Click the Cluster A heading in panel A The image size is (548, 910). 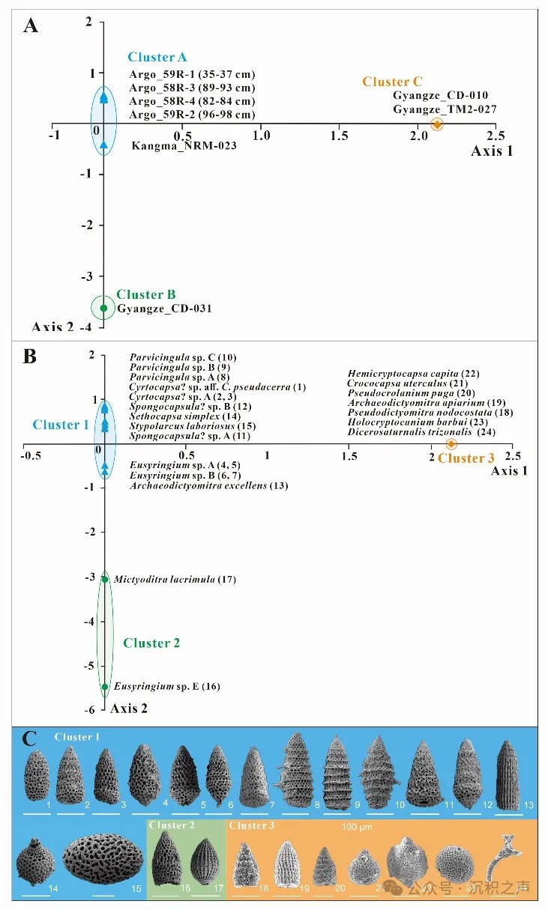(x=157, y=57)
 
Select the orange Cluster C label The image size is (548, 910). (x=393, y=82)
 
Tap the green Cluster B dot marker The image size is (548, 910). (x=104, y=308)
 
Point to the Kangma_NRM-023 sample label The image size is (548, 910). (x=184, y=145)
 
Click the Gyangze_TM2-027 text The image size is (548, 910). (x=445, y=109)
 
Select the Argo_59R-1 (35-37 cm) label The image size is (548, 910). (x=192, y=74)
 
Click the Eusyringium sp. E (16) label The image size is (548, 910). (x=166, y=686)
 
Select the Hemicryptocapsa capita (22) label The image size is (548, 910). (x=413, y=373)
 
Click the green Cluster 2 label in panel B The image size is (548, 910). (x=151, y=643)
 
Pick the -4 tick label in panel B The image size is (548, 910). (x=91, y=621)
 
